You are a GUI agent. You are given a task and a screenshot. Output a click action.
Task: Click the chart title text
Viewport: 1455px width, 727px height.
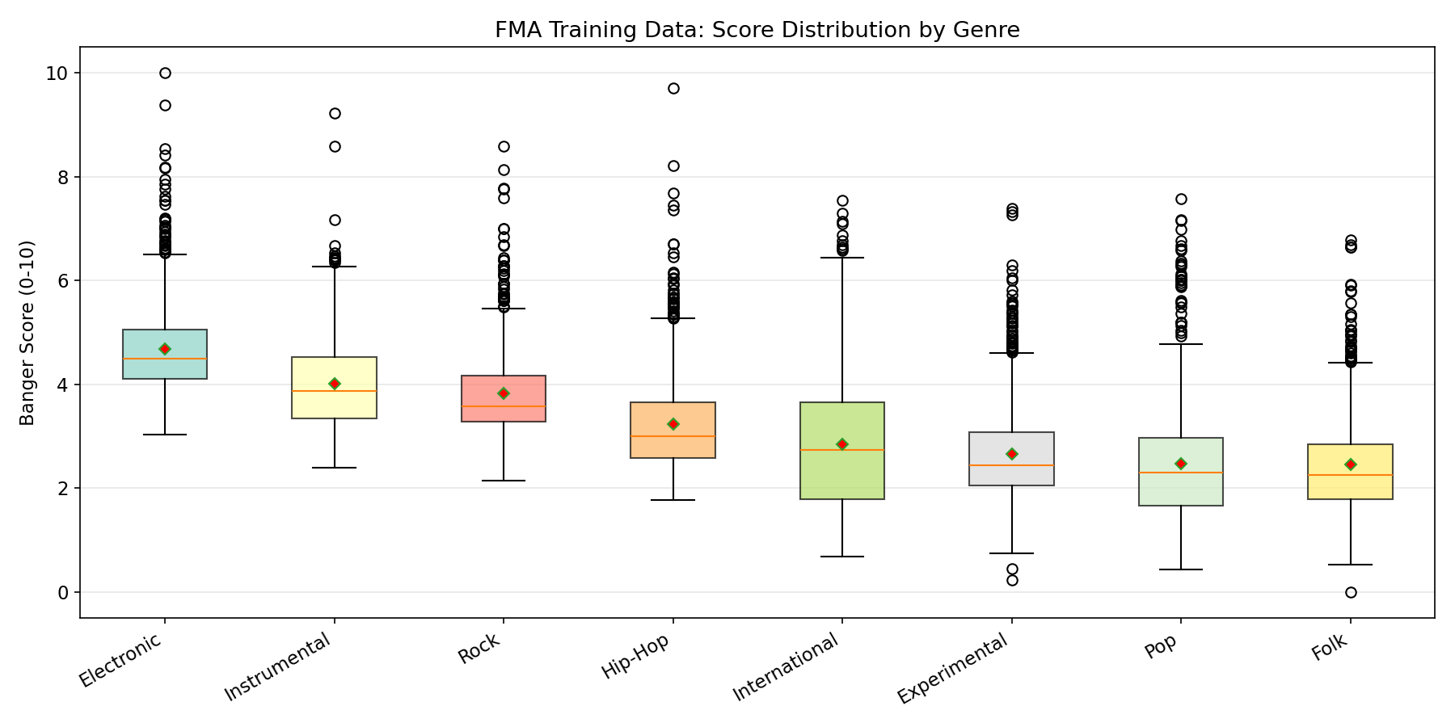click(x=757, y=31)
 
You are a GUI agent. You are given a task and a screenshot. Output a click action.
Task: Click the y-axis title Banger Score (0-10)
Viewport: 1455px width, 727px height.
click(x=27, y=333)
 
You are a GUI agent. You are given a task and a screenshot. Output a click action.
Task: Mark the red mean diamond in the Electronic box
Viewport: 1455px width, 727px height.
click(x=165, y=349)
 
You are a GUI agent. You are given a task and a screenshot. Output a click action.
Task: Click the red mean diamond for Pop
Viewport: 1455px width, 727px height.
click(x=1181, y=464)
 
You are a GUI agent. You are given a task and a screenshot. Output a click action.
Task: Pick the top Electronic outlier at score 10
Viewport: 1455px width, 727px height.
click(x=165, y=74)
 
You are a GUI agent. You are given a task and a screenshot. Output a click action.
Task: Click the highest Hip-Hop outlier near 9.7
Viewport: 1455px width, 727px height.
click(x=673, y=89)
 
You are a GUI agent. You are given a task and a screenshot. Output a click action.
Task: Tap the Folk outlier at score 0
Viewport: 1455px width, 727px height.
click(x=1351, y=592)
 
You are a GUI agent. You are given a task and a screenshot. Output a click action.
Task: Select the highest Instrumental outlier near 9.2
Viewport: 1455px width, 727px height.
click(x=335, y=114)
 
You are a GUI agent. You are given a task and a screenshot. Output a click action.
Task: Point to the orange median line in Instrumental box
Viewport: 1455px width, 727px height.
click(x=335, y=391)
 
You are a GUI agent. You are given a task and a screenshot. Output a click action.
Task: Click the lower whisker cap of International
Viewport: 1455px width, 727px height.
click(x=842, y=557)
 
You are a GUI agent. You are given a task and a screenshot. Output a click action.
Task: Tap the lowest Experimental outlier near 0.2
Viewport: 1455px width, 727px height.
click(x=1012, y=581)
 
